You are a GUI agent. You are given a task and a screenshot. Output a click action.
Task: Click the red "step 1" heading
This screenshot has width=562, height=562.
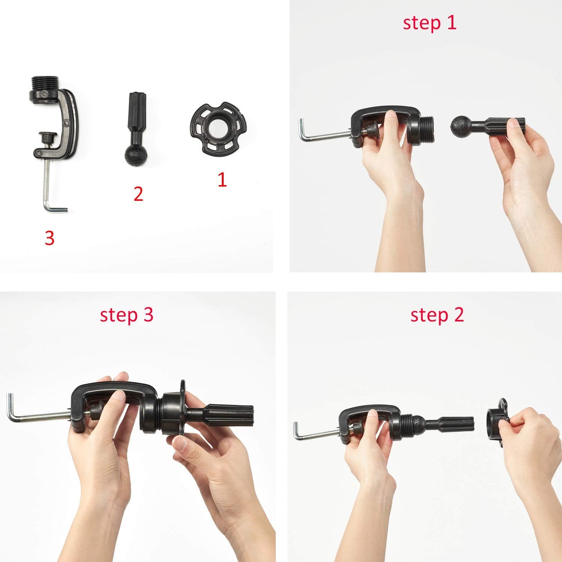click(x=429, y=23)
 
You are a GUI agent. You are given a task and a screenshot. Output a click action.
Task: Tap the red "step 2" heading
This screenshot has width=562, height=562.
click(x=437, y=315)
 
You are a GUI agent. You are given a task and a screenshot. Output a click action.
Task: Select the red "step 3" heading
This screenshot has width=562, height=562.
click(x=126, y=315)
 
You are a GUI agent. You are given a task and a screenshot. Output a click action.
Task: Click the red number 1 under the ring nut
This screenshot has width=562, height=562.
click(x=222, y=180)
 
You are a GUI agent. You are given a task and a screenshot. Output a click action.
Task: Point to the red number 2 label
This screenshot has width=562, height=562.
click(x=138, y=194)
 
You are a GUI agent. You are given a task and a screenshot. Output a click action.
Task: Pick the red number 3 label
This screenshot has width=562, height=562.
click(x=49, y=238)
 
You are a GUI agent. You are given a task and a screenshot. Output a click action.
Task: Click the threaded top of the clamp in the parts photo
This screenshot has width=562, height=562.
click(x=45, y=83)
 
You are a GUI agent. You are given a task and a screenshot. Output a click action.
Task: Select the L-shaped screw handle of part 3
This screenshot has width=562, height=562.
click(x=54, y=208)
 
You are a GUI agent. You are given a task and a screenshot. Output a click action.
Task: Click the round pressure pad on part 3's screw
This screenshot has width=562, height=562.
click(x=48, y=137)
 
